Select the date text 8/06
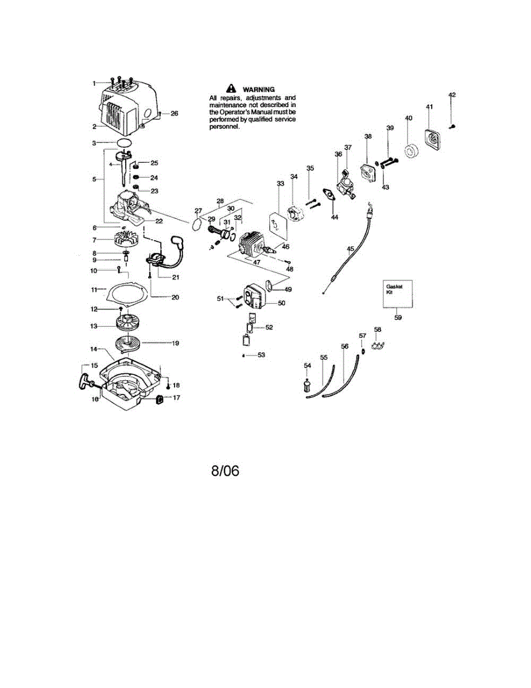[x=225, y=471]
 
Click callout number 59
[x=397, y=316]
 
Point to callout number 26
[x=174, y=114]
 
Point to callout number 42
[x=452, y=95]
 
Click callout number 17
[x=176, y=397]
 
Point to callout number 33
[x=280, y=183]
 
